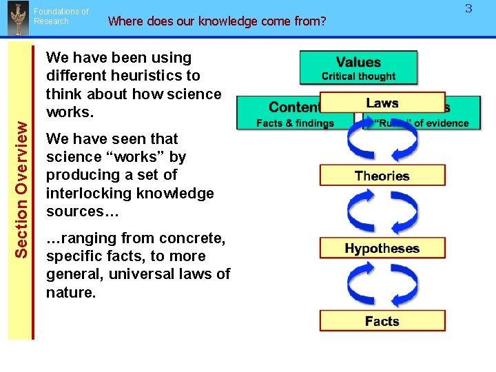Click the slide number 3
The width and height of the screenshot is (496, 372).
[468, 9]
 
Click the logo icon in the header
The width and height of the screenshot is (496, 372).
[16, 19]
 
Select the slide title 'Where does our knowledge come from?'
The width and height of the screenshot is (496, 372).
[217, 21]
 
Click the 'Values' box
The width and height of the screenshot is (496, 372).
[358, 63]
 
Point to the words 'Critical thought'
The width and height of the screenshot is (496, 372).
[358, 76]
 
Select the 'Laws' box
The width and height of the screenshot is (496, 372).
[382, 103]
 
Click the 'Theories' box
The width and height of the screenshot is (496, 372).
[382, 176]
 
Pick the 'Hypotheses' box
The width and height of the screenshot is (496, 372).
[382, 248]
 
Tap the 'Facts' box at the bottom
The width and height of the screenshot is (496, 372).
[382, 321]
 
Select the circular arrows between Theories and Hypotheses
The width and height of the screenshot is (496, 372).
[382, 212]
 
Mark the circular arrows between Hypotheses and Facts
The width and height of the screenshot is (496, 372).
[382, 285]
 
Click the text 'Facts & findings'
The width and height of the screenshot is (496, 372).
[295, 123]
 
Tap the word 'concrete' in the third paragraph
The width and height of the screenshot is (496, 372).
[187, 238]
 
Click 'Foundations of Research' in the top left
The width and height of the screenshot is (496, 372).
[61, 17]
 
